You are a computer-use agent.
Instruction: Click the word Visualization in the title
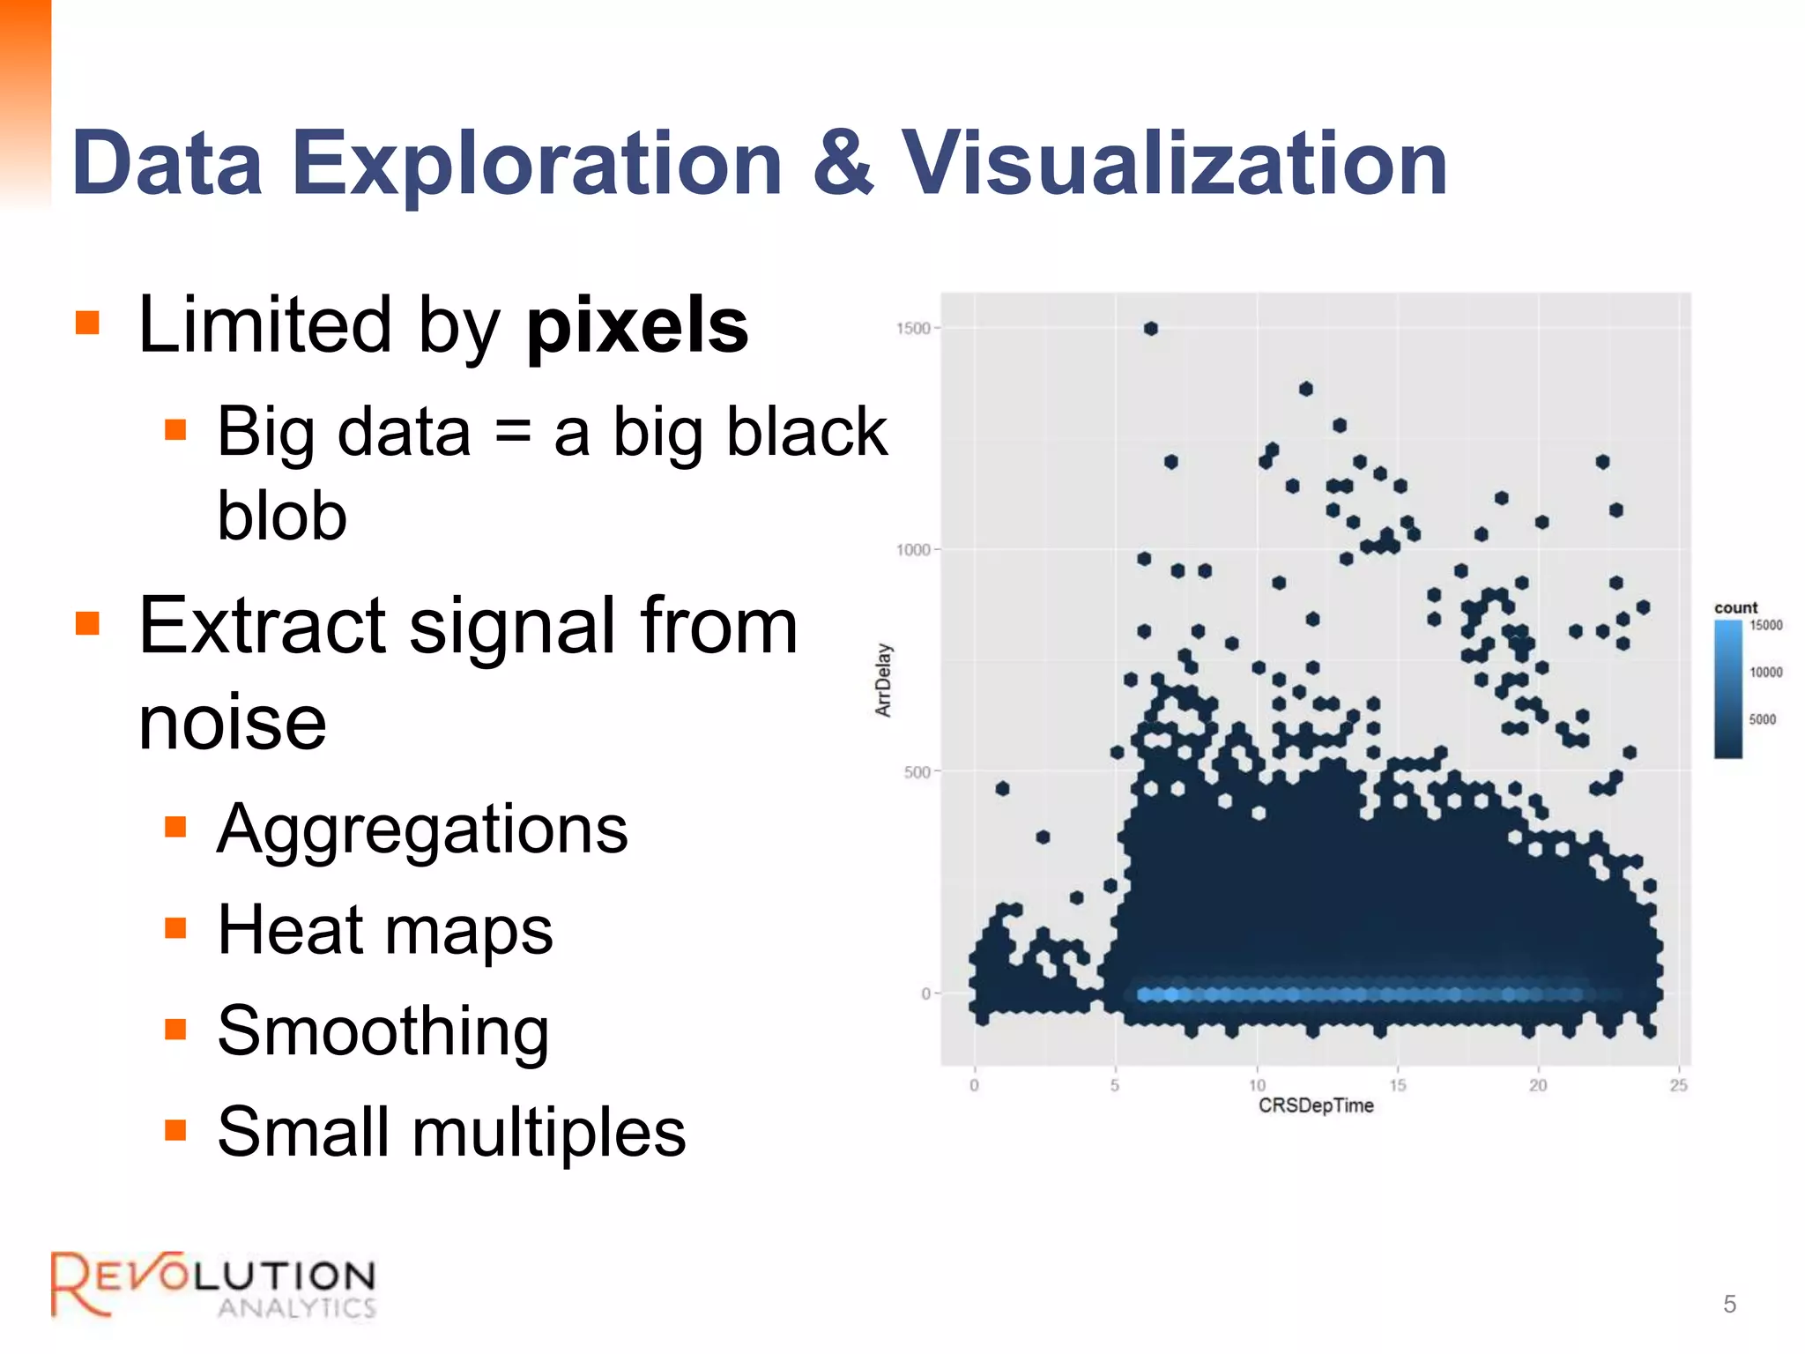(1174, 163)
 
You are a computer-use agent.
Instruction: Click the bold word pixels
(637, 325)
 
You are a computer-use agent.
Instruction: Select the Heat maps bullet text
(385, 930)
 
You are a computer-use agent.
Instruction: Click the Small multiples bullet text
(451, 1132)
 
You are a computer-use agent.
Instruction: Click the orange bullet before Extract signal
(87, 623)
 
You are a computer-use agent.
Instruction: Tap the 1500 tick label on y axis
(913, 329)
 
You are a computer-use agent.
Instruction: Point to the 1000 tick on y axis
(913, 550)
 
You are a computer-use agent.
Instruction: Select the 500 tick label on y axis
(917, 772)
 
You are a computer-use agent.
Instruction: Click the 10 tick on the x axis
(1257, 1085)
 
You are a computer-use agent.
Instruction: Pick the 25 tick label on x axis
(1678, 1085)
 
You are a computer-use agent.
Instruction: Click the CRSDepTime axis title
(1316, 1106)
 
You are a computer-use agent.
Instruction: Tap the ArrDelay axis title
(883, 680)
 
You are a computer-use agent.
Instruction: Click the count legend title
(1735, 607)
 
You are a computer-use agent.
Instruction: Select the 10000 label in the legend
(1765, 673)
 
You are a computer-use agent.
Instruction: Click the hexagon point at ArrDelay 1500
(1151, 329)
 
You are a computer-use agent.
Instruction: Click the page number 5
(1729, 1304)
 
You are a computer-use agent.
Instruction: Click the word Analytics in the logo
(297, 1308)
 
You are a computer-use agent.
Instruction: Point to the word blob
(282, 516)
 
